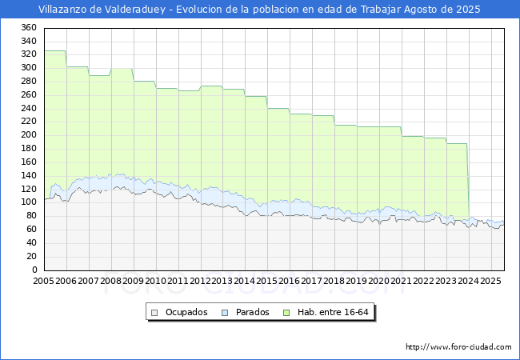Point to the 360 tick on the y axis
point(29,27)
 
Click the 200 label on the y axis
point(29,135)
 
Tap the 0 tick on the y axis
point(34,270)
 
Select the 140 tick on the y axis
point(29,176)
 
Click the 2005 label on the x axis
point(44,282)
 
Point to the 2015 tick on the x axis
point(267,282)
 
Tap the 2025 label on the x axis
point(490,282)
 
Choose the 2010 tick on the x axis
point(156,282)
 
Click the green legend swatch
point(291,312)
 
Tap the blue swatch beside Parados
point(226,312)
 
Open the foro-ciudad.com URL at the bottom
point(458,347)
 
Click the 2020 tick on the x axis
point(379,282)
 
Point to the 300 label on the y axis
point(29,68)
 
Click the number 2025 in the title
point(467,10)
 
